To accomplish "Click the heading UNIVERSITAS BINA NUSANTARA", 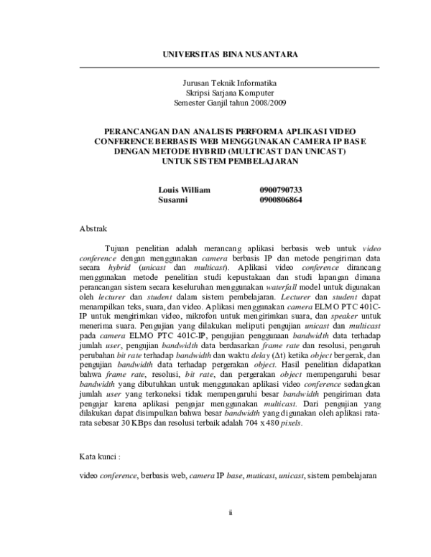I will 230,54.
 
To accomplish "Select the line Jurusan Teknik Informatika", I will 230,83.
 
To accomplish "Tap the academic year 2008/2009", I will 266,103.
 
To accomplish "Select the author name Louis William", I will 184,189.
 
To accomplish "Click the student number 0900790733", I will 281,189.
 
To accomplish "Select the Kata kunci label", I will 98,456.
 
